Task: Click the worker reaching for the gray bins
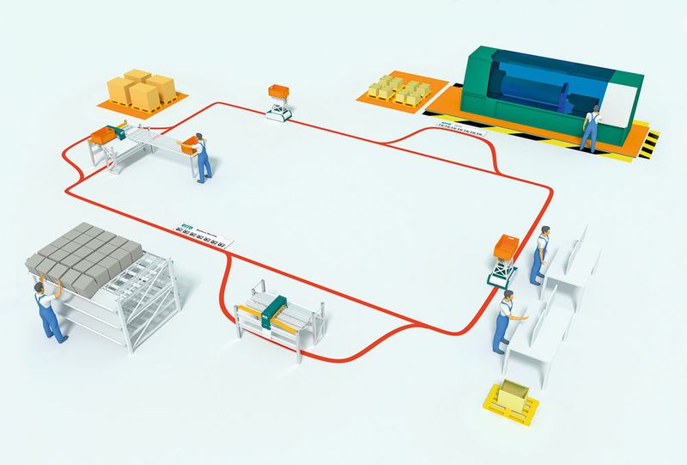(48, 307)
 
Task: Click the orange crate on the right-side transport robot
(503, 249)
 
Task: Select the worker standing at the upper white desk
(540, 254)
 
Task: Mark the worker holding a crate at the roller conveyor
(202, 156)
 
